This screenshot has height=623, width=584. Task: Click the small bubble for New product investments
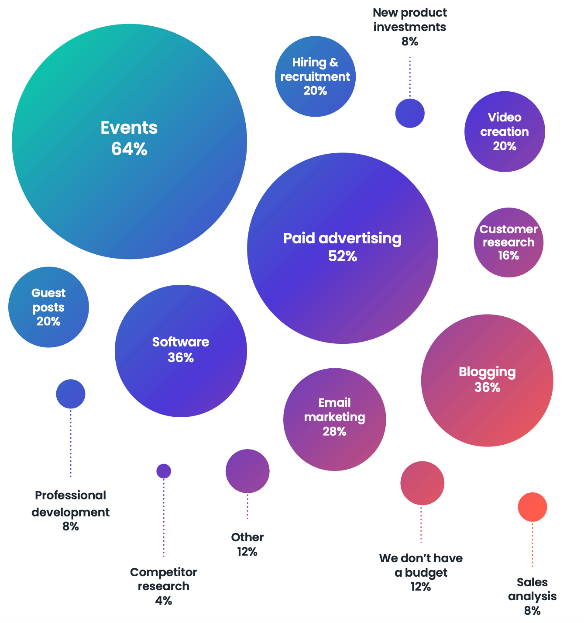410,113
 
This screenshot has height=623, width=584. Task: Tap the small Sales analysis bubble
532,507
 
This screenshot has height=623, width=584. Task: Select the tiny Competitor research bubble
164,471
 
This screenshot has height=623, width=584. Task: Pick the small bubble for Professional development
71,394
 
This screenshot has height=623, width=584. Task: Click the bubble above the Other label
247,471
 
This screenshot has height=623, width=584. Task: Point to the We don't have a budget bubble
422,483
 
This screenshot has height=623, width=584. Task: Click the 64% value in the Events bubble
129,149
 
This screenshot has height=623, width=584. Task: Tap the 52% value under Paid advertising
343,256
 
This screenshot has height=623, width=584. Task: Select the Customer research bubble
508,242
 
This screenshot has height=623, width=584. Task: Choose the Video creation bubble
505,132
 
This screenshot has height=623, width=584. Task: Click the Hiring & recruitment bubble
315,76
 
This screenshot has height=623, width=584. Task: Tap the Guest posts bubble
48,307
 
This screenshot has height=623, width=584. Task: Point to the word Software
181,342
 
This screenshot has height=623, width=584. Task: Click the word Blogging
487,372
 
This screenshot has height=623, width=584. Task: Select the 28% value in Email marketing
334,432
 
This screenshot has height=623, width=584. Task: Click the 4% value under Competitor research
164,601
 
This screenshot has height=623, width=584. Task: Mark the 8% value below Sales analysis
532,611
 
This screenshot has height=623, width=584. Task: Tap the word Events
129,128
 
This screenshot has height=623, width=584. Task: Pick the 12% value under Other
247,552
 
